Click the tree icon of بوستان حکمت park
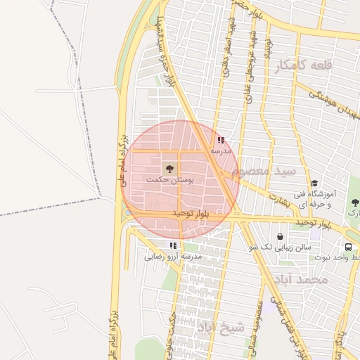point(169,169)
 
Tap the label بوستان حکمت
point(170,181)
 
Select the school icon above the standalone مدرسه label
point(221,140)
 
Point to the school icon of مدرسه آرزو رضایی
point(173,245)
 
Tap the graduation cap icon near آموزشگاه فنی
point(314,184)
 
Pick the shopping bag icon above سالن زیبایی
point(281,237)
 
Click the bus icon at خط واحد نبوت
point(349,247)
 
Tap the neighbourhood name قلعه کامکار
point(304,65)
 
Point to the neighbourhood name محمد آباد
point(303,280)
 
